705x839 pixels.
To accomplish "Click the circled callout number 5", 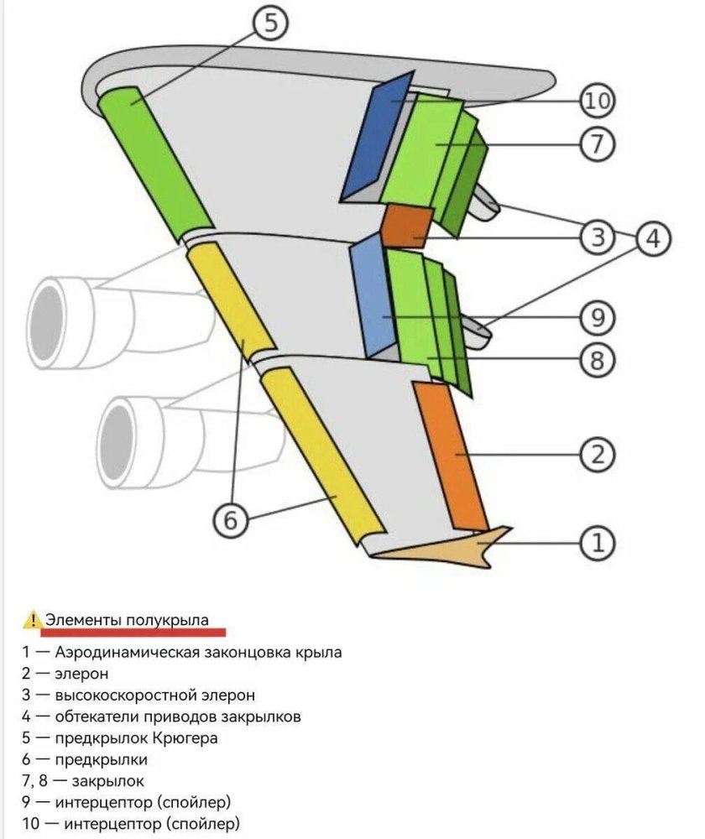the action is coord(271,23).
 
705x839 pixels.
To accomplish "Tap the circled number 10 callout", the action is coord(598,100).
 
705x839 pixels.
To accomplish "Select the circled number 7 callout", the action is coord(598,143).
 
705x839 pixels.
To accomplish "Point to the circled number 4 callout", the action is coord(653,238).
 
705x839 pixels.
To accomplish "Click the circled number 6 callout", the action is coord(231,519).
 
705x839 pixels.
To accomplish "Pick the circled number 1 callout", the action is coord(598,543).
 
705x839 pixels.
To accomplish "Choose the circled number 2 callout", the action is coord(598,454).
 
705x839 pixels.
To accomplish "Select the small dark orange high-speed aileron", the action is coord(407,226).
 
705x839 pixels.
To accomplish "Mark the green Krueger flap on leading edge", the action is coord(154,164).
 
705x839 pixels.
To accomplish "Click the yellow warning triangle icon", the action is coord(33,620).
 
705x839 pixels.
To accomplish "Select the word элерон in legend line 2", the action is coord(81,673).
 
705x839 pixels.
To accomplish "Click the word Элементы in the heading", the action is coord(83,620).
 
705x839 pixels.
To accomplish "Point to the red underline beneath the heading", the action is coord(133,633).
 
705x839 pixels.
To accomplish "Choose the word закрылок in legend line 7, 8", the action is coord(108,780).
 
